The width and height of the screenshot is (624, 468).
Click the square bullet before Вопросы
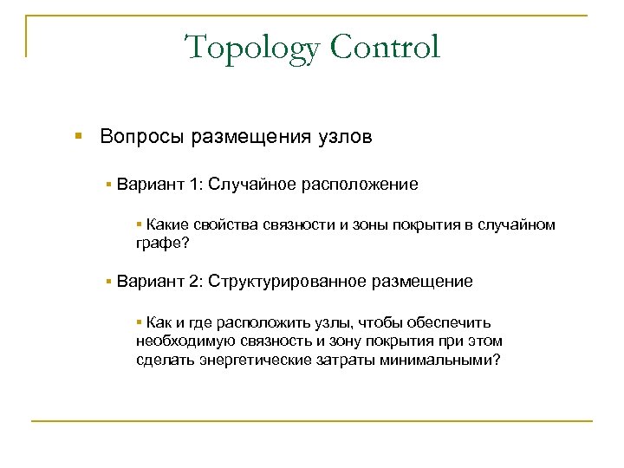[79, 137]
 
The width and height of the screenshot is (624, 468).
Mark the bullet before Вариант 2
[109, 282]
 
